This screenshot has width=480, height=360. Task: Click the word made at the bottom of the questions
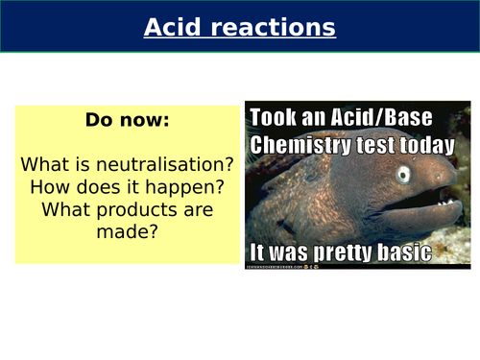(128, 232)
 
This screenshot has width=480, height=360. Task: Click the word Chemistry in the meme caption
(298, 146)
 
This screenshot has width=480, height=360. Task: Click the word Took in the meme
(273, 119)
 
